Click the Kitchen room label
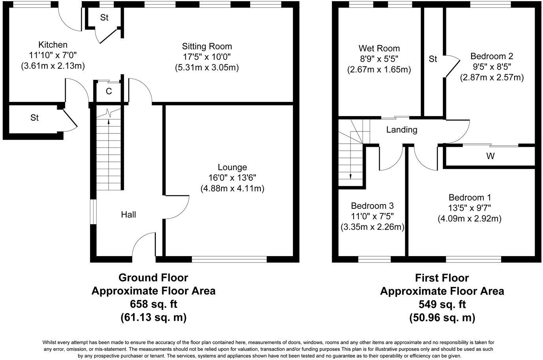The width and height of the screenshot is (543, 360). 53,45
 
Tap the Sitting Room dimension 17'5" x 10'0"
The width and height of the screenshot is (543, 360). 207,57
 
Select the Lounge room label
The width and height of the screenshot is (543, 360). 232,167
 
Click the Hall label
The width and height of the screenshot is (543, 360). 128,214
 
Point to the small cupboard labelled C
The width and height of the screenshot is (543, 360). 109,92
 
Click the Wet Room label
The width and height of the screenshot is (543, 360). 379,49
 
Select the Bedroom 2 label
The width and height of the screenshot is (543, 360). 491,56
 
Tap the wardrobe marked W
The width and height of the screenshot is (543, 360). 490,156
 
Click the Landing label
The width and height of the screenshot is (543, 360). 401,129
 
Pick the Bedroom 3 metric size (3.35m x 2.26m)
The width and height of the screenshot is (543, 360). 372,227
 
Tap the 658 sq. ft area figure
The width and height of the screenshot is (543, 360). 154,304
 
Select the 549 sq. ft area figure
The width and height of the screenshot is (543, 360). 442,304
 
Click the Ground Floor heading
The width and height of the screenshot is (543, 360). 153,278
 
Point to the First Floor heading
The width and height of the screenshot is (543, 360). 442,278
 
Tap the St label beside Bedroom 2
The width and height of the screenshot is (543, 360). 433,59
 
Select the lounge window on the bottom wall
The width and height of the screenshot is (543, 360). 229,259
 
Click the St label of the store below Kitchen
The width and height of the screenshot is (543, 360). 35,118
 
